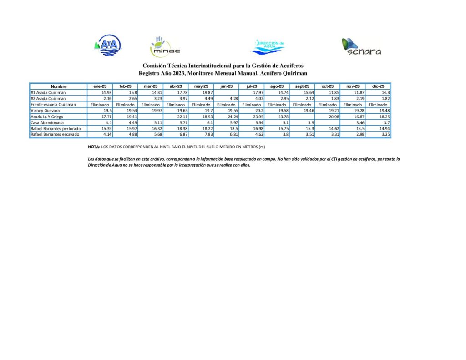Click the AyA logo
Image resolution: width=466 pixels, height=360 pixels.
pos(108,45)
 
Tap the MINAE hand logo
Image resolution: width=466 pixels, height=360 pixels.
pos(165,45)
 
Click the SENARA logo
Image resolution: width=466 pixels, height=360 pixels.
pos(361,46)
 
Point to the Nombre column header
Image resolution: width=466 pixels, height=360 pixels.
pos(59,86)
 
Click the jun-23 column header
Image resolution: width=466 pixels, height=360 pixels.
pos(226,86)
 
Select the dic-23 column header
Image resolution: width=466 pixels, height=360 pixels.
pos(378,86)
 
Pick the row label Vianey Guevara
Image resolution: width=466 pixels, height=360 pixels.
pos(46,110)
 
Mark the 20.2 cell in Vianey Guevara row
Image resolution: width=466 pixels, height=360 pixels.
pos(253,110)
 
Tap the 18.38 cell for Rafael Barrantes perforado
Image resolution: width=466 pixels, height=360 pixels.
pos(177,129)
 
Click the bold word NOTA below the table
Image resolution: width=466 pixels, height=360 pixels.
pos(94,147)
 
